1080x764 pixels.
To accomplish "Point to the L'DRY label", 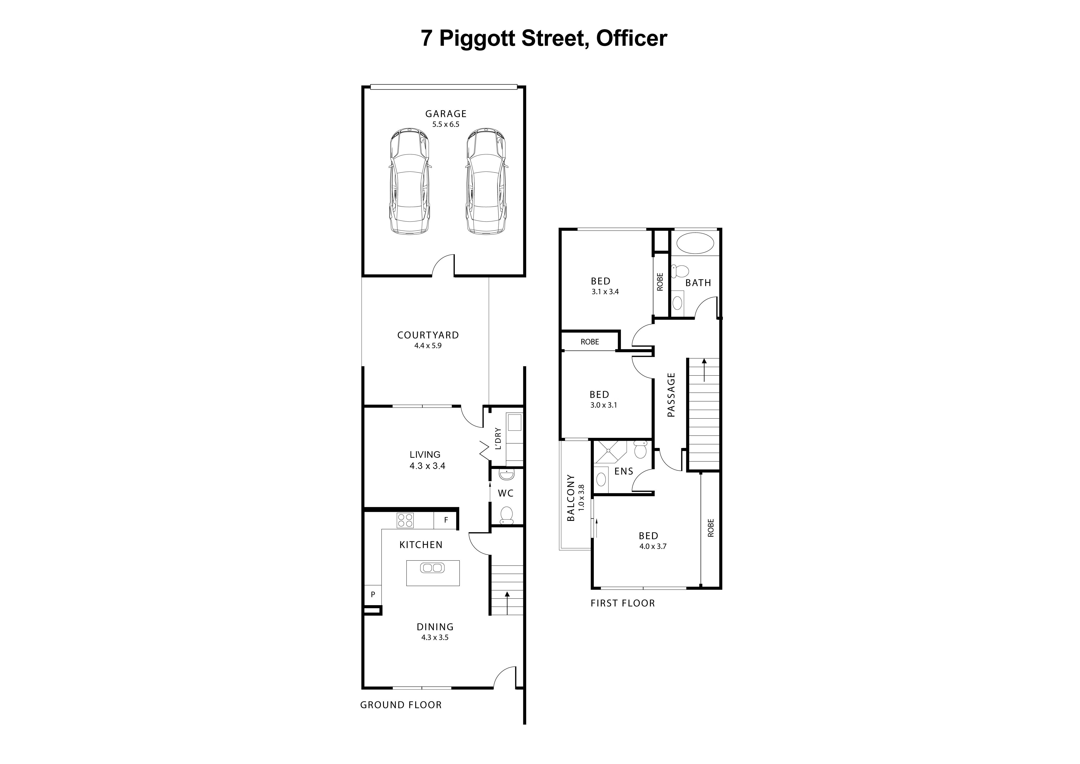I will (498, 438).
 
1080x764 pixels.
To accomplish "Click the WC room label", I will (506, 493).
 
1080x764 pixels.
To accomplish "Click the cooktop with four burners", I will (405, 520).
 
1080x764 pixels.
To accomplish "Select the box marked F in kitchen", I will (446, 520).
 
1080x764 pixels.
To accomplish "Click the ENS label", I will (624, 471).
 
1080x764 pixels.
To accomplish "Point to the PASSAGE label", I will (671, 395).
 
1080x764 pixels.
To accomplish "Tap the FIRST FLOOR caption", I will (622, 603).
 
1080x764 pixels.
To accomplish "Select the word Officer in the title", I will (631, 38).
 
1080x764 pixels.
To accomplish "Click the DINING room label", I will (435, 627).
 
